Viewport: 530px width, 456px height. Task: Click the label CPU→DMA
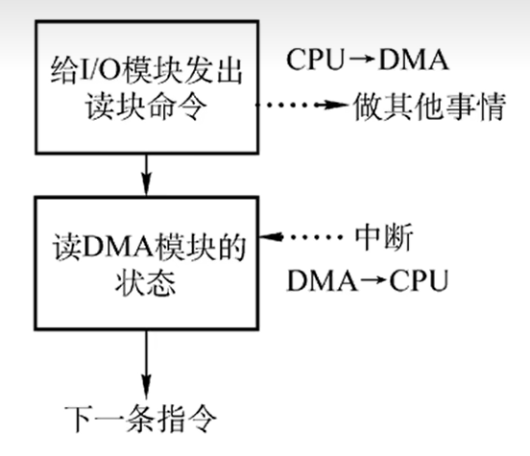tap(369, 60)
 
